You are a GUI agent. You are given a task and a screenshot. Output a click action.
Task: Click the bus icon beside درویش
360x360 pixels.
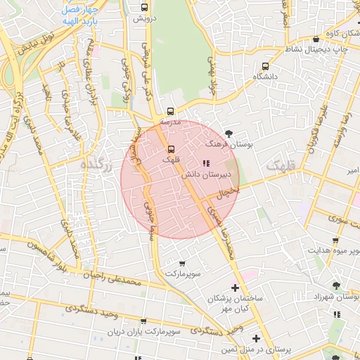pos(144,8)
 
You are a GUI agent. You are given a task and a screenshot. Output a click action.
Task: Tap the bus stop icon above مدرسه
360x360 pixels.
pos(171,111)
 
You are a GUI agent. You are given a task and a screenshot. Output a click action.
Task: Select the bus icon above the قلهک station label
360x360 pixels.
pos(171,149)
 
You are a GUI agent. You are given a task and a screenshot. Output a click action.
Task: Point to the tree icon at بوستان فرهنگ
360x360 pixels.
pos(229,133)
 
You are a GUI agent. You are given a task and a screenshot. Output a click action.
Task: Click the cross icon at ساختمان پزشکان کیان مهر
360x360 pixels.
pos(235,288)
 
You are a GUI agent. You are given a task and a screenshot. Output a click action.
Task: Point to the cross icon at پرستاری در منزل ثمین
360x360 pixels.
pos(256,339)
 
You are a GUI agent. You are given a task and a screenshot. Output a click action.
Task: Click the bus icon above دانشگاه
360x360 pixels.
pos(265,66)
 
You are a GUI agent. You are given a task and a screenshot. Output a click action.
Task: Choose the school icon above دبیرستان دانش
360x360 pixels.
pos(205,164)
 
